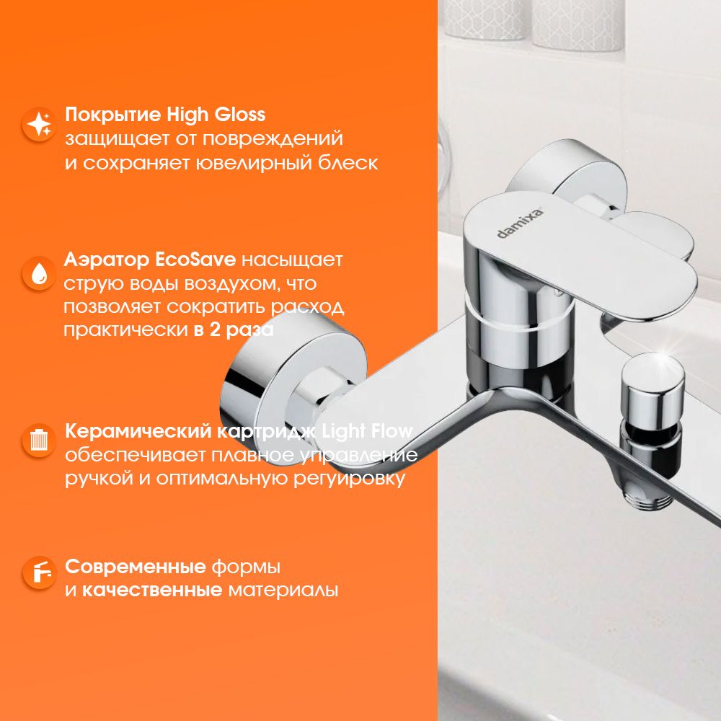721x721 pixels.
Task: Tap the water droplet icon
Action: pos(40,273)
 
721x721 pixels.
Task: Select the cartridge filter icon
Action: pos(40,440)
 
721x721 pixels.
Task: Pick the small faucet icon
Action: pos(40,572)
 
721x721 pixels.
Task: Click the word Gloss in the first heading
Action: pos(240,115)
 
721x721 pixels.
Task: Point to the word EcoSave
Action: pos(195,260)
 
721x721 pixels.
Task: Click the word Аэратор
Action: pos(107,260)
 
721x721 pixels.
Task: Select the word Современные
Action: pos(136,567)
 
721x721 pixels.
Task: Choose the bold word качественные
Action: pos(152,590)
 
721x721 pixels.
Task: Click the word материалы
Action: pos(283,590)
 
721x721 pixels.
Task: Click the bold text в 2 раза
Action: pos(234,330)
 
